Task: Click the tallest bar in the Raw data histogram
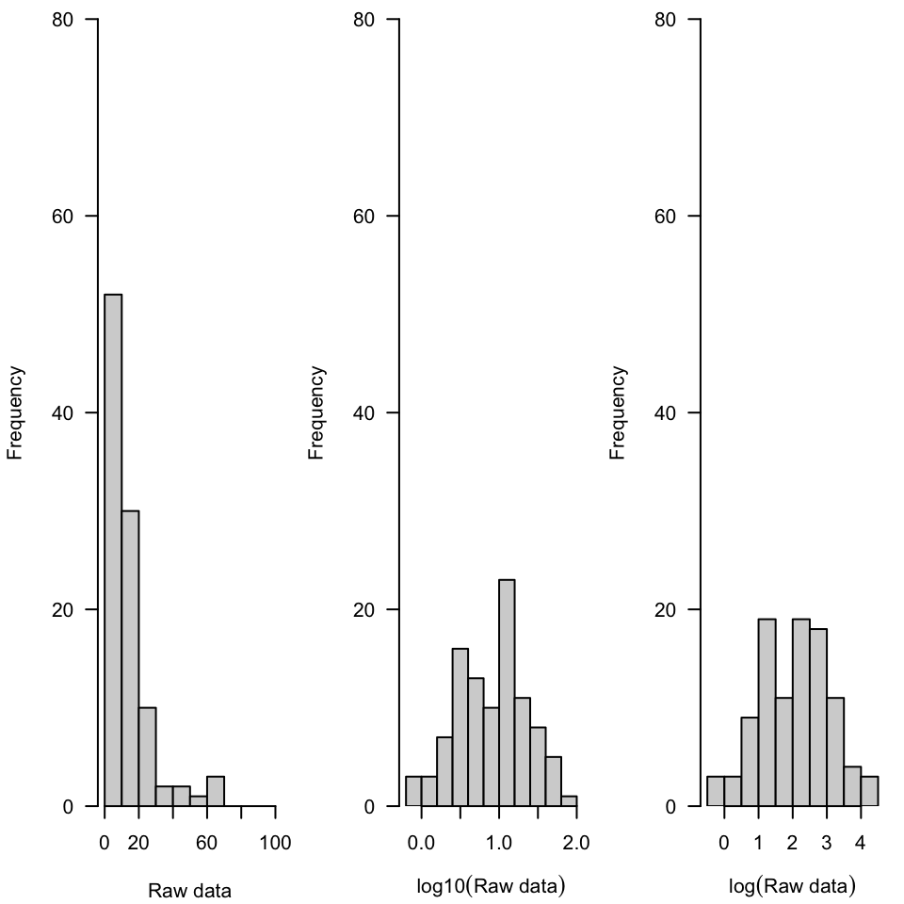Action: [x=113, y=550]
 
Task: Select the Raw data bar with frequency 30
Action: [x=130, y=658]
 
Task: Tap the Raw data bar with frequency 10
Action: [x=147, y=757]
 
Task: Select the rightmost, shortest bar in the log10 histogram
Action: [x=569, y=801]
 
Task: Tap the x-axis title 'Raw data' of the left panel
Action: [x=189, y=890]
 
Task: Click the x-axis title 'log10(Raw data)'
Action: [x=491, y=886]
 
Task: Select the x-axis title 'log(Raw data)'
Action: [x=792, y=886]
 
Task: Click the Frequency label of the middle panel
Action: [x=316, y=412]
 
